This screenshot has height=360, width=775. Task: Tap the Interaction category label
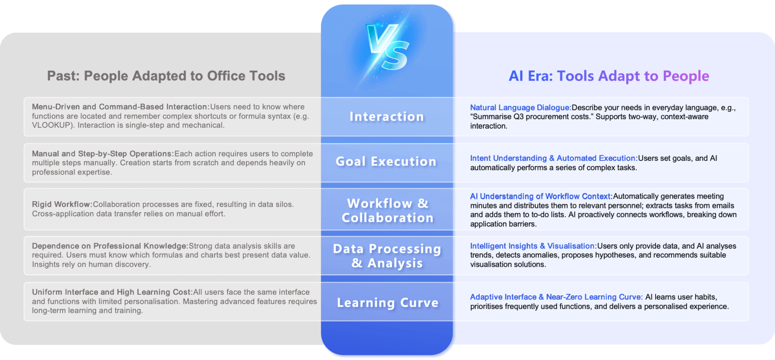tap(387, 116)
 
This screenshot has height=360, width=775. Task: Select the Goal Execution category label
tap(386, 161)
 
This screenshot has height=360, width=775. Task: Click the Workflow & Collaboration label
tap(387, 210)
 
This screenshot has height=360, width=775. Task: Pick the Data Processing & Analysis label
tap(387, 256)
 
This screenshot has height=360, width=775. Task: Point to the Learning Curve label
tap(387, 302)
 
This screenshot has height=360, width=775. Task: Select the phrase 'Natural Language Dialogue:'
tap(520, 107)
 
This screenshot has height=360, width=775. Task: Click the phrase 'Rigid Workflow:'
tap(62, 204)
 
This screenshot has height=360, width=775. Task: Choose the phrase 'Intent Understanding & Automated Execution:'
tap(554, 158)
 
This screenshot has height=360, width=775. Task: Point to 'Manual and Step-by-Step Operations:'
tap(103, 154)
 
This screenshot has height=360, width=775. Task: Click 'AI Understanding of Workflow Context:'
tap(541, 196)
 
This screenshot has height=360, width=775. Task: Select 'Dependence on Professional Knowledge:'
tap(110, 246)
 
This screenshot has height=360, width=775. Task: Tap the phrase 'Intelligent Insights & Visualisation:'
tap(533, 246)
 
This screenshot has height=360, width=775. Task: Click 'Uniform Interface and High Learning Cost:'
tap(112, 292)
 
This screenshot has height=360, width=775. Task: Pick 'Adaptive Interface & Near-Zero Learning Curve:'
tap(556, 297)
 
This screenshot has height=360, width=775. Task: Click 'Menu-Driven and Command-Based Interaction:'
tap(120, 107)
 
